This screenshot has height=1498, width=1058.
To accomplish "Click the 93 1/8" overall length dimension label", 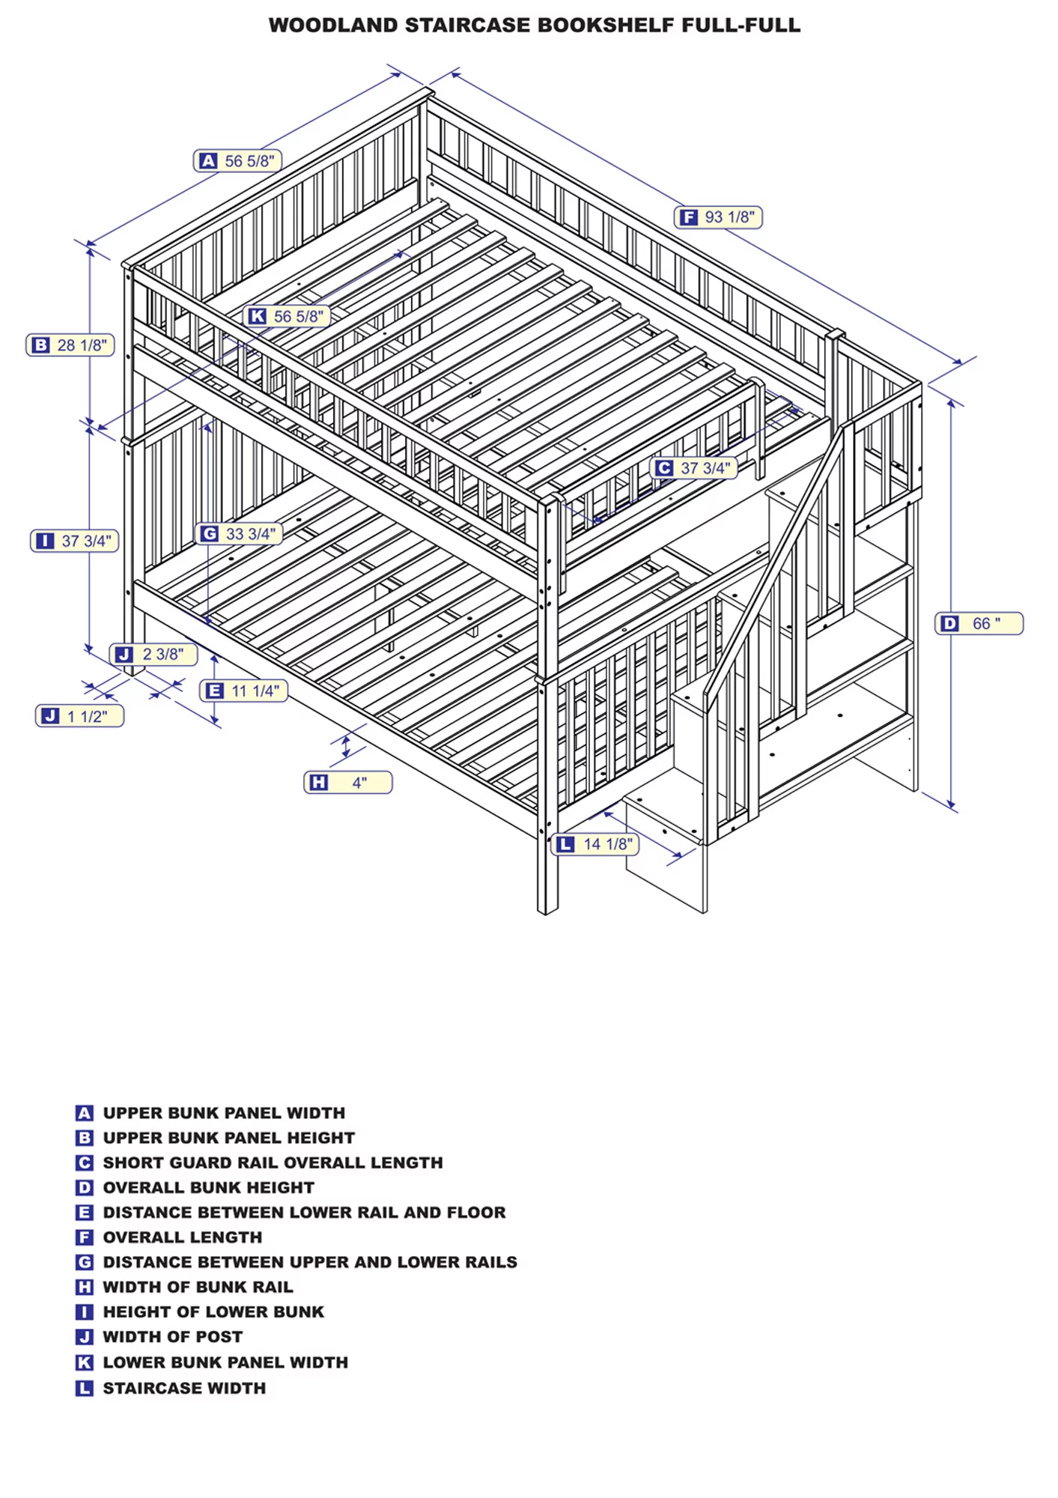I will coord(719,217).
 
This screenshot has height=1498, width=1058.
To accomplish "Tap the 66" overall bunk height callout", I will coord(979,623).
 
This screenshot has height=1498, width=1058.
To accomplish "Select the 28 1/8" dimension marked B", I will coord(70,345).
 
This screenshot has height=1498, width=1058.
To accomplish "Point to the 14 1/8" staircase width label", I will coord(596,844).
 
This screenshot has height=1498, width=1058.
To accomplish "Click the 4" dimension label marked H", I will coord(348,783).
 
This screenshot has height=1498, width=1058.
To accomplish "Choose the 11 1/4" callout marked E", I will coord(244,691).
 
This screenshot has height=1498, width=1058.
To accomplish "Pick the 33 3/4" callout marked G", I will coord(239,534).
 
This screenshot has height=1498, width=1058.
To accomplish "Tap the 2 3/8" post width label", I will coord(153,654).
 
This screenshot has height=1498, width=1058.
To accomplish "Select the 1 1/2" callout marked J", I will coord(79,716).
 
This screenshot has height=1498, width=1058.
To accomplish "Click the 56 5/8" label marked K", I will coord(287,316).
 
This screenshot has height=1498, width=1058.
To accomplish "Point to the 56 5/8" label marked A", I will coord(238,161).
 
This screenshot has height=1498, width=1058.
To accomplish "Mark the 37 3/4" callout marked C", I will coord(694,468).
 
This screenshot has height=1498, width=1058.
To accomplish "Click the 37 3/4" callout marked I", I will coord(75,541).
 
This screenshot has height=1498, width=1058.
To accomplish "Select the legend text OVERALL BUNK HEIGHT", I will coord(208,1187).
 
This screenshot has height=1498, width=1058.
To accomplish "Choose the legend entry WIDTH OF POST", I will coord(172,1336).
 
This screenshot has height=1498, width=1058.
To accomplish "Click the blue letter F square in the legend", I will coord(85,1237).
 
